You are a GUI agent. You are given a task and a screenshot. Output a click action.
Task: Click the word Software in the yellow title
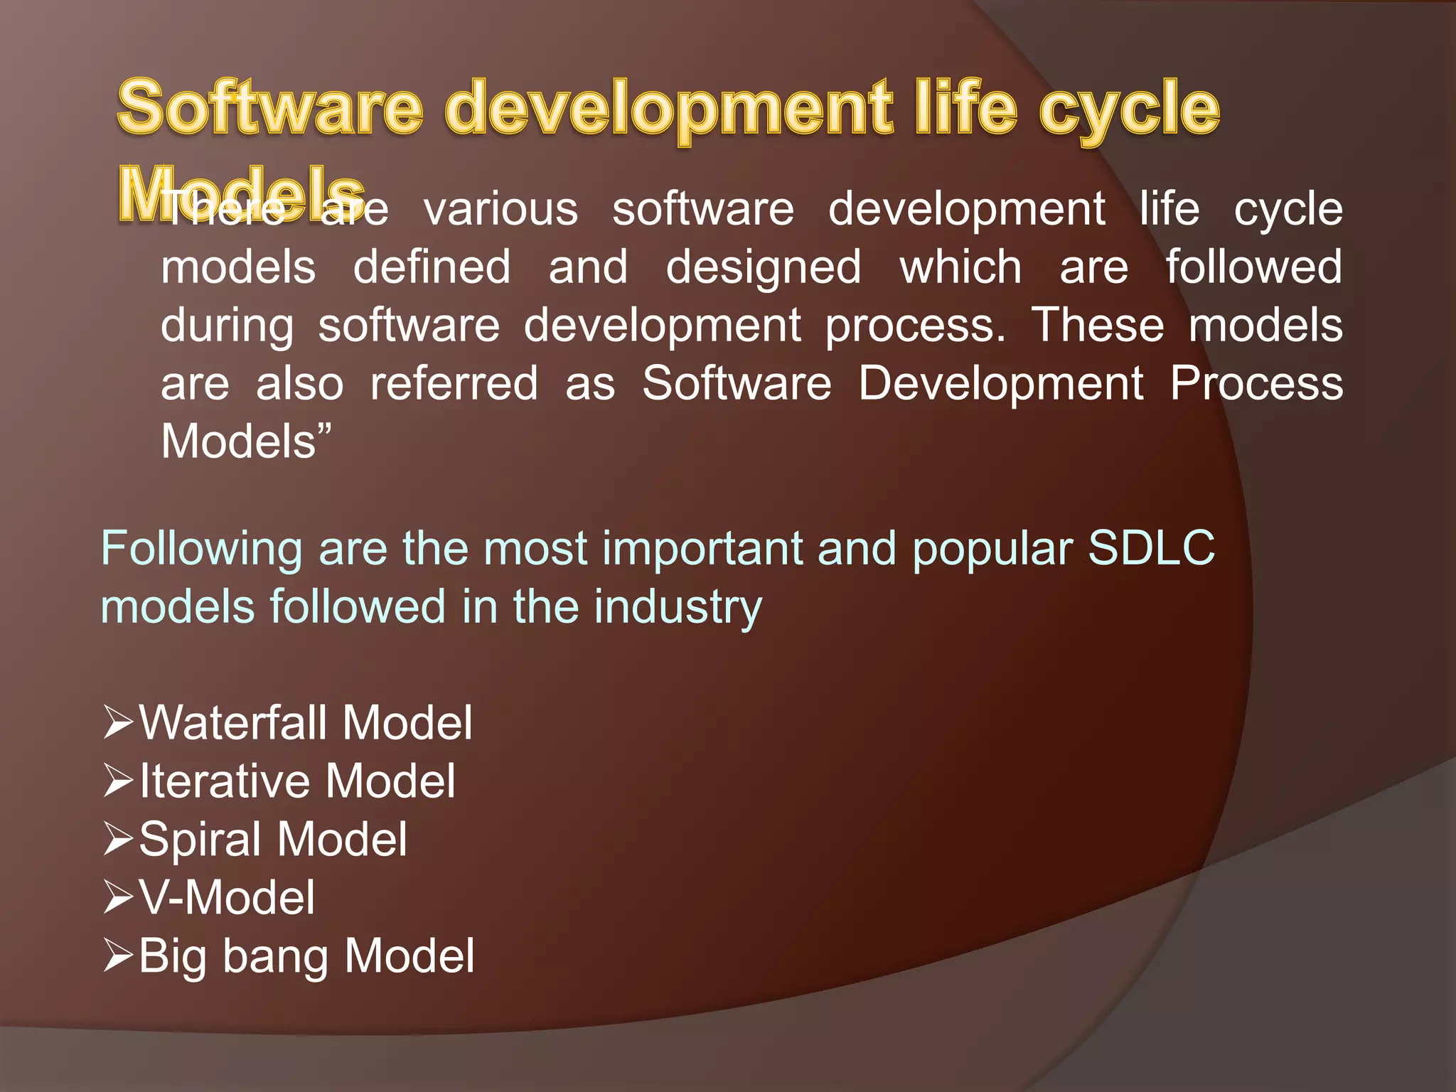click(270, 108)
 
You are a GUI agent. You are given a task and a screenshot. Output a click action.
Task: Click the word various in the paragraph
click(501, 210)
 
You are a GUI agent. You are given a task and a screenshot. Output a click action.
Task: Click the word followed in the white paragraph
click(1253, 267)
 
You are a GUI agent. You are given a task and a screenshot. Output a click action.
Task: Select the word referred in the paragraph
click(454, 384)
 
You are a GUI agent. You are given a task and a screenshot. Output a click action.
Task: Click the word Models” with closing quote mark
click(246, 441)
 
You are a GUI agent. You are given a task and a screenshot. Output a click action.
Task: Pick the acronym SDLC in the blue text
click(1151, 549)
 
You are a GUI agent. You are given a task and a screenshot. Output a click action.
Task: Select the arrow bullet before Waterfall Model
click(117, 722)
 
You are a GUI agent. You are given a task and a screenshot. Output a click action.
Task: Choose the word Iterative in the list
click(225, 781)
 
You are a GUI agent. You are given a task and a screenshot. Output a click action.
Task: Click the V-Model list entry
click(227, 898)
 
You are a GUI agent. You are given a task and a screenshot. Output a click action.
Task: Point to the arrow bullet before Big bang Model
click(117, 955)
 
